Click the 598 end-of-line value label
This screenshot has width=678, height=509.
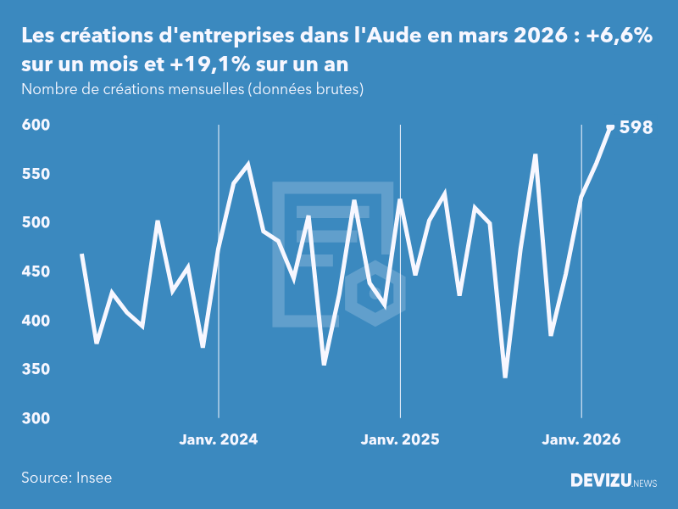click(636, 128)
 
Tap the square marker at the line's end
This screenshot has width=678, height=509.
click(610, 127)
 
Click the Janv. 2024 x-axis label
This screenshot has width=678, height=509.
click(219, 439)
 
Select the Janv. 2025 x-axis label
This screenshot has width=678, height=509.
click(400, 439)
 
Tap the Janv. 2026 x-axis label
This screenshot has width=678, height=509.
click(581, 439)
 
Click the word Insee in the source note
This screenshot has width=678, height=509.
click(93, 478)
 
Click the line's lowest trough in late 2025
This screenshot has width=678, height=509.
click(505, 377)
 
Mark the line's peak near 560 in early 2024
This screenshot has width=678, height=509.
click(248, 165)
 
